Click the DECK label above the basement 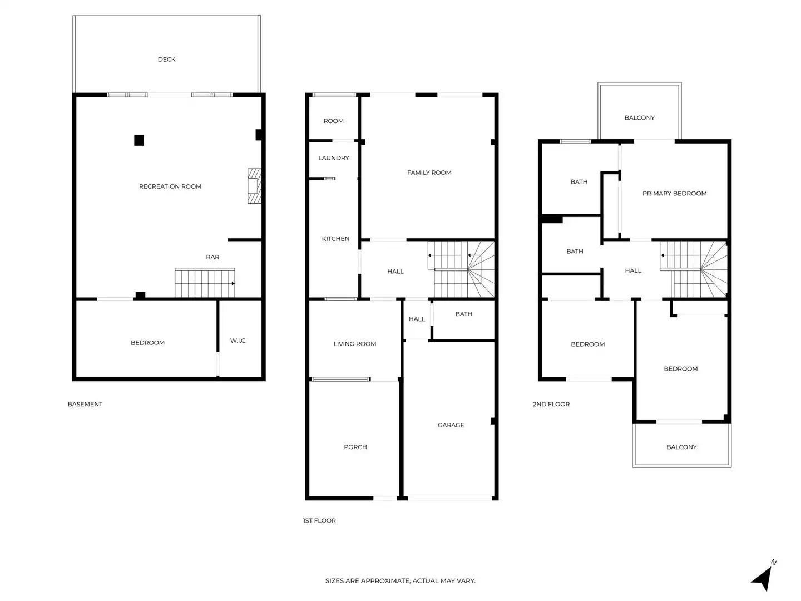(x=166, y=60)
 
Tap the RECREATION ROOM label (x=170, y=186)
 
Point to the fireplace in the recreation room (x=254, y=186)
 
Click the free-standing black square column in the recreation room (x=139, y=140)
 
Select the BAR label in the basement (x=212, y=257)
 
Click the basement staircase (x=205, y=283)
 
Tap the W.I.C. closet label (x=238, y=341)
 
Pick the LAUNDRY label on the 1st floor (x=334, y=158)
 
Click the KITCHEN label (x=335, y=239)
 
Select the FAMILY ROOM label (x=429, y=173)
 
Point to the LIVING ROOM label (x=354, y=344)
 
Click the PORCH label (x=355, y=447)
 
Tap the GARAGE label (x=451, y=425)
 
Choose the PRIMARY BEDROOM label (x=674, y=194)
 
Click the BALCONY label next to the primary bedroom (x=639, y=118)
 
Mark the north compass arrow (x=763, y=577)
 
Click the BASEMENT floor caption (x=85, y=404)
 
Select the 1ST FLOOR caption (x=319, y=521)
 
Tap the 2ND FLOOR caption (x=551, y=404)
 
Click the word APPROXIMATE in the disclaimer (x=385, y=581)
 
